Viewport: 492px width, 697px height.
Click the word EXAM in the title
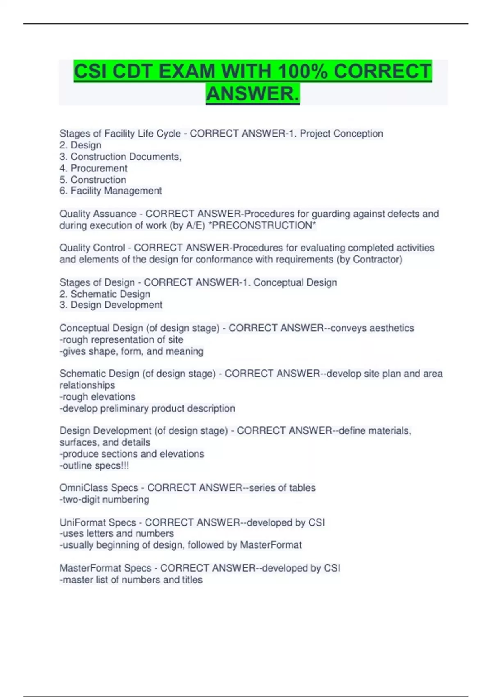[x=187, y=72]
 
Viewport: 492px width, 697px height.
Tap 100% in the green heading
[x=302, y=72]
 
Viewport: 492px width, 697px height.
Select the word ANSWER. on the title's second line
[x=253, y=94]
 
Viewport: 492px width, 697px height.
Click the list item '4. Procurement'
[x=93, y=168]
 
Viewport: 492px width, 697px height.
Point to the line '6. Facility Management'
[x=111, y=191]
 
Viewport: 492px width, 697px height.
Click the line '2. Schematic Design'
[x=105, y=294]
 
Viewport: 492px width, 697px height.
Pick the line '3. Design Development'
[x=111, y=305]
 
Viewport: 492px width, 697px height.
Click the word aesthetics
[x=389, y=328]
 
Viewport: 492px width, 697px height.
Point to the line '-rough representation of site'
[x=121, y=339]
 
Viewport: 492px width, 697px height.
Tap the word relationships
[x=87, y=385]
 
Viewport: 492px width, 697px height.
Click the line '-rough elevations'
[x=98, y=396]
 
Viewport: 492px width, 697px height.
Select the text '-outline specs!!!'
[x=94, y=465]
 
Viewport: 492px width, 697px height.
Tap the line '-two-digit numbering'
[x=105, y=499]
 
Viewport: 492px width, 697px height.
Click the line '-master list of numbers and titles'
[x=131, y=580]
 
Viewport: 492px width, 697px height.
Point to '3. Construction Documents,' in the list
[x=121, y=157]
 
